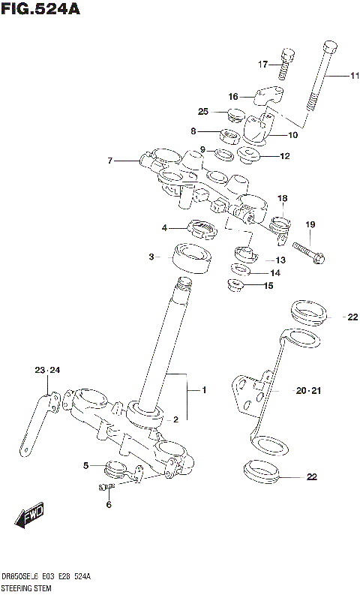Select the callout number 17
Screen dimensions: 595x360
[263, 64]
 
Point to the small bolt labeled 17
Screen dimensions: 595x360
[284, 63]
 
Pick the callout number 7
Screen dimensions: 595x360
[110, 160]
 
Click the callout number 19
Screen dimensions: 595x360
[310, 224]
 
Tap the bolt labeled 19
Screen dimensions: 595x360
[308, 254]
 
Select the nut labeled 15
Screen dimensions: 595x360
[235, 286]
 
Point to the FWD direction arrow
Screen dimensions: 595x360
[29, 517]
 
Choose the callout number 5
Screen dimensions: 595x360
[86, 466]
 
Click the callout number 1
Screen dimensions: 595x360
[203, 390]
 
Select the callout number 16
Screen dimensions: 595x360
[232, 96]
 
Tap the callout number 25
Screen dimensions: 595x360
[202, 112]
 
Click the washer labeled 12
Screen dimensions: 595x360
[248, 156]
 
